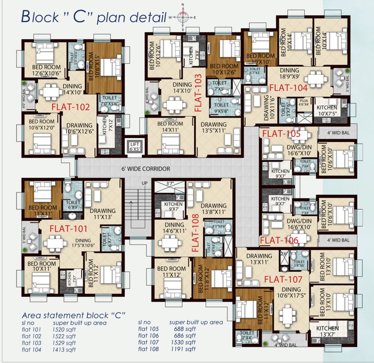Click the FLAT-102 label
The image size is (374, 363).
pos(70,107)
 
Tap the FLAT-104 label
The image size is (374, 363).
pos(288,87)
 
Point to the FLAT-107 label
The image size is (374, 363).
pos(283,279)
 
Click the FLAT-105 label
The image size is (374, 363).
pos(281,134)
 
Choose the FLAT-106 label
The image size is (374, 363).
pos(279,240)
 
